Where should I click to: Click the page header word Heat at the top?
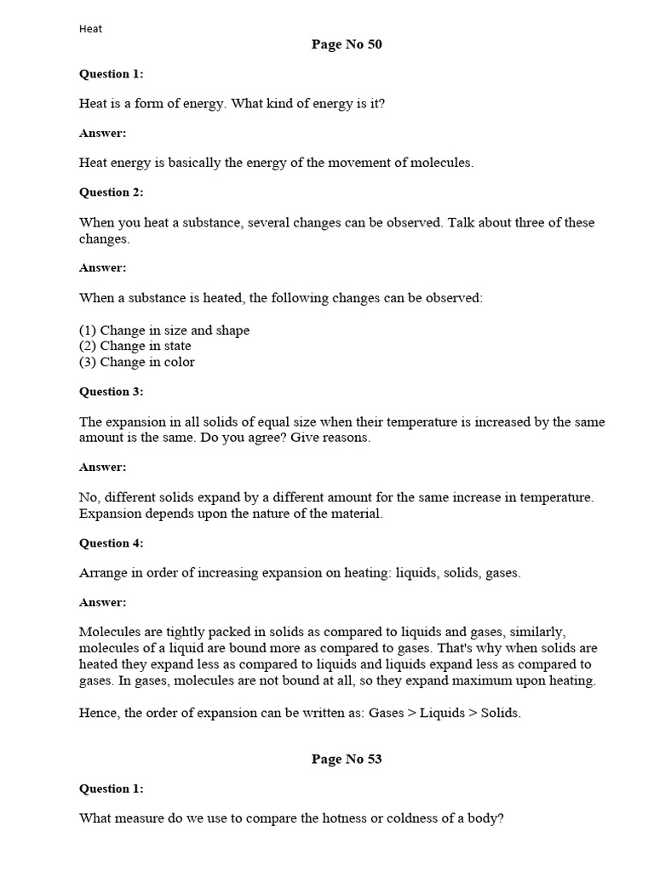90,29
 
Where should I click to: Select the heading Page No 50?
347,45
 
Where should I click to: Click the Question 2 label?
112,192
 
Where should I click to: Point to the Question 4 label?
112,543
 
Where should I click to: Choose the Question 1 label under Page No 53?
112,789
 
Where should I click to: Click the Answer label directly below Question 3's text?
103,468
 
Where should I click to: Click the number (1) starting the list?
88,330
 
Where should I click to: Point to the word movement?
347,163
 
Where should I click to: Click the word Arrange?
104,573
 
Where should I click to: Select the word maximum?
495,680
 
